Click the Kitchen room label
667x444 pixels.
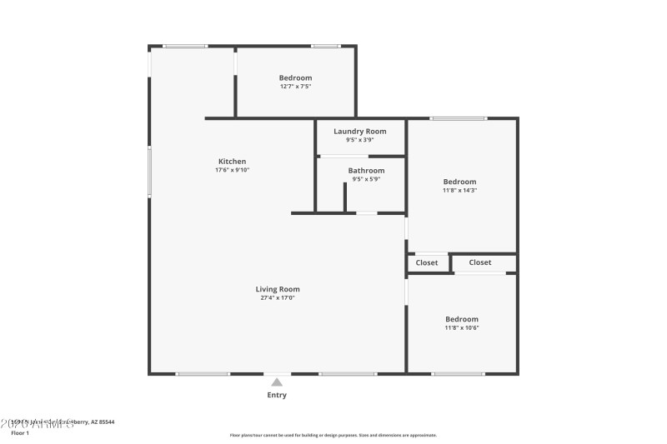tap(232, 162)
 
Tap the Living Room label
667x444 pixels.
tap(278, 289)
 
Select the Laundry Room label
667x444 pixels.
tap(359, 132)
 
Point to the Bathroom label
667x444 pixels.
tap(366, 171)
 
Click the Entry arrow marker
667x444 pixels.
tap(277, 382)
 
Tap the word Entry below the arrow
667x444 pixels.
tap(277, 395)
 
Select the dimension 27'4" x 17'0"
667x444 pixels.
tap(278, 297)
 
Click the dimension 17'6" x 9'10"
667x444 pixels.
tap(232, 170)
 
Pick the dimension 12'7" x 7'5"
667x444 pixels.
tap(295, 86)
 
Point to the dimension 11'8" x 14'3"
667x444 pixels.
tap(459, 190)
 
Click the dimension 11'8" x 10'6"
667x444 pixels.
tap(462, 327)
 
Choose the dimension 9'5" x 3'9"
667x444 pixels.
tap(359, 140)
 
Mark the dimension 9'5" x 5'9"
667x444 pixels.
tap(366, 179)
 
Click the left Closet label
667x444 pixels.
tap(427, 262)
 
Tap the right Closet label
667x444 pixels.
tap(480, 262)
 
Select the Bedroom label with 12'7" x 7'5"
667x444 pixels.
tap(295, 77)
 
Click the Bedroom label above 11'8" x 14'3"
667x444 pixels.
tap(459, 182)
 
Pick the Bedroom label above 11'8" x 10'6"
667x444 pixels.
tap(462, 319)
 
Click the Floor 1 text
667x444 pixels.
tap(19, 433)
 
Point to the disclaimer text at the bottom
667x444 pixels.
tap(333, 435)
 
